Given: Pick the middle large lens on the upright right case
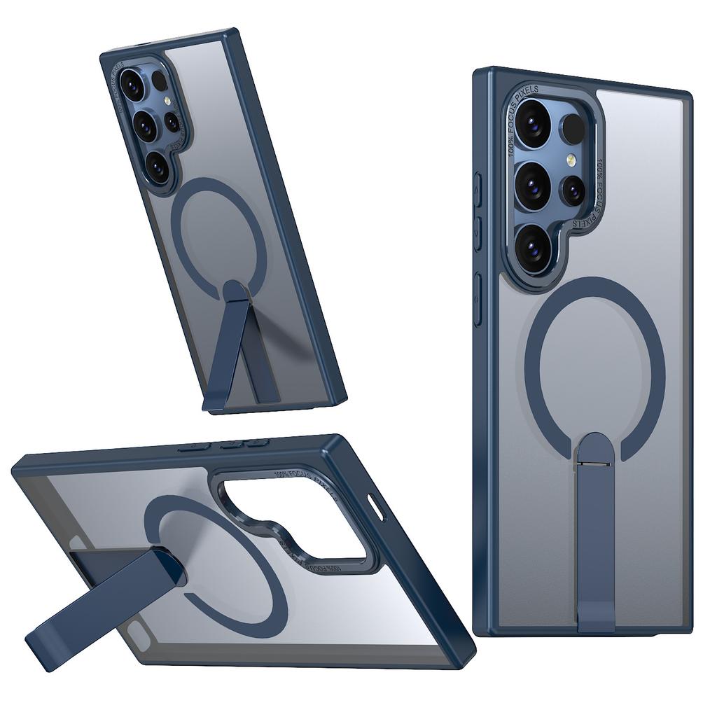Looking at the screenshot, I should tap(532, 184).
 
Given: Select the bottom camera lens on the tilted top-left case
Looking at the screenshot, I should tap(157, 167).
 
